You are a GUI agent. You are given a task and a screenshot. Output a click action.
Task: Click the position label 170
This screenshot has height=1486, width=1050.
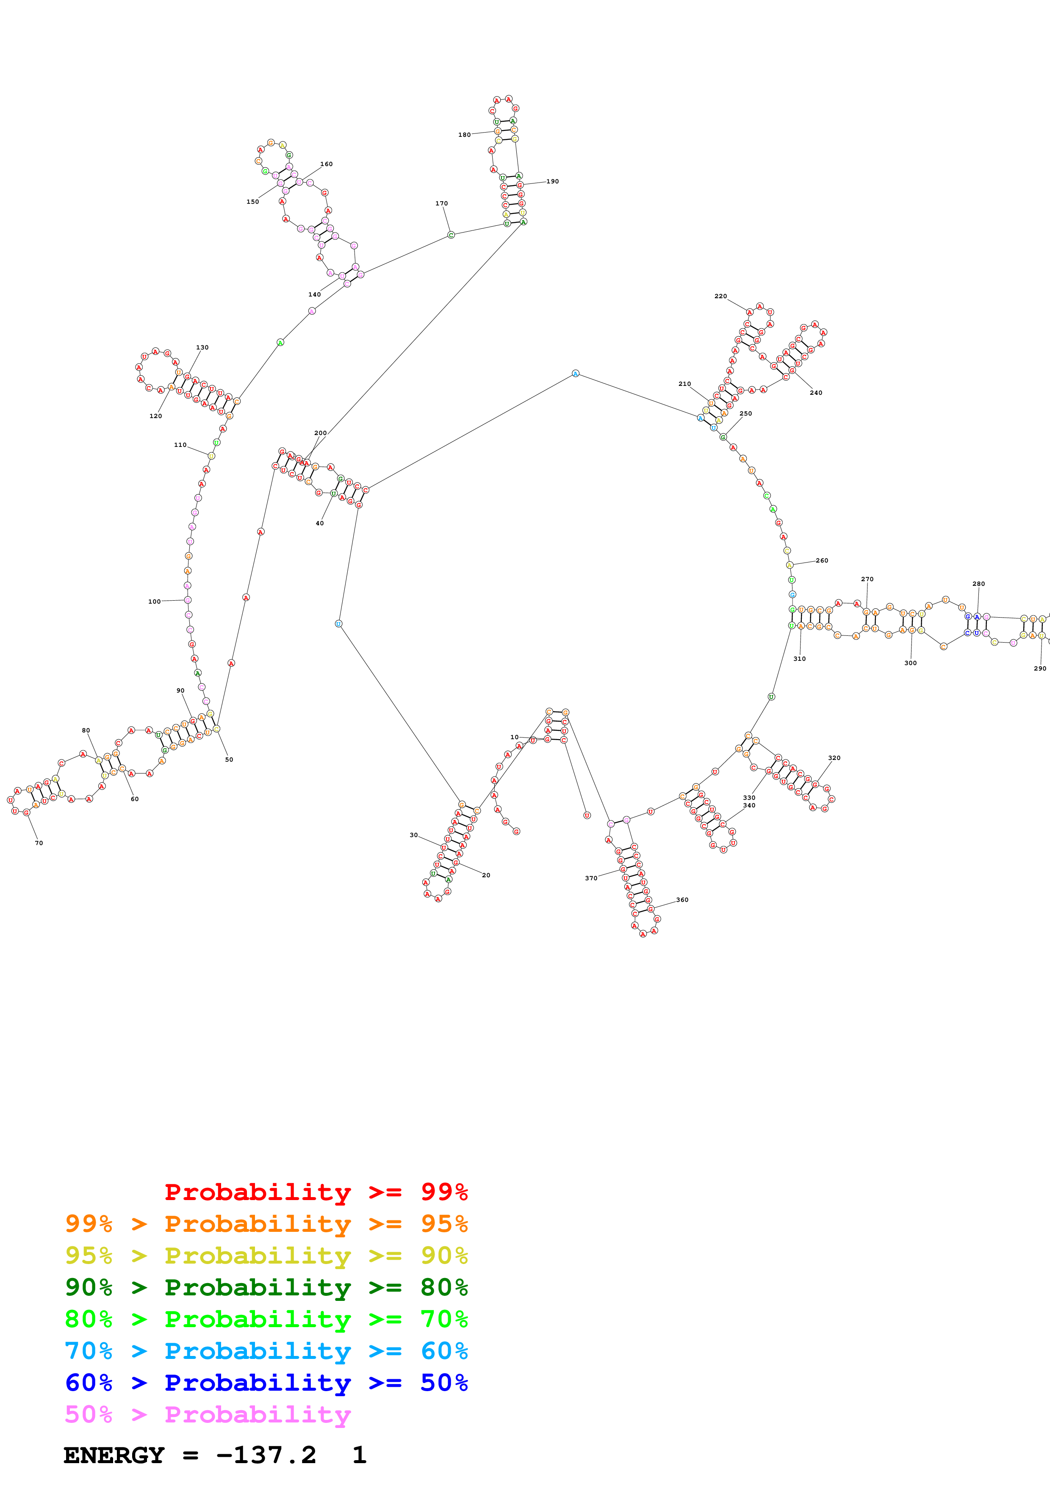tap(441, 203)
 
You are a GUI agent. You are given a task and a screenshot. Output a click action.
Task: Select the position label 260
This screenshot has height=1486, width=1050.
tap(822, 560)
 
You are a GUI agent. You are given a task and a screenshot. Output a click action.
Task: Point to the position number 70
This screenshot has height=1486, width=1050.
tap(39, 843)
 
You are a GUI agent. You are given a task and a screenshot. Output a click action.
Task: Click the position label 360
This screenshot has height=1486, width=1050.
tap(682, 900)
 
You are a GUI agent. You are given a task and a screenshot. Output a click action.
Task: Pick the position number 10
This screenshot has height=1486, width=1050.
tap(514, 737)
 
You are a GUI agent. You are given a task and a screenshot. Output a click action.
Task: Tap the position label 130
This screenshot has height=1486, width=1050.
tap(202, 347)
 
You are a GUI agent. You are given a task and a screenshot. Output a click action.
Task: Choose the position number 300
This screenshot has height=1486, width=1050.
tap(910, 663)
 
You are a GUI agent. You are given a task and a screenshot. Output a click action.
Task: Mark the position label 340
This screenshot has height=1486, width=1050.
tap(749, 805)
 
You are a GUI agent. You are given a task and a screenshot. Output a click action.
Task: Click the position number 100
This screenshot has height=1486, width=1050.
tap(154, 601)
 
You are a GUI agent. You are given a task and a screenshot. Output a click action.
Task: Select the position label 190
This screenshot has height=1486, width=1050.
tap(552, 181)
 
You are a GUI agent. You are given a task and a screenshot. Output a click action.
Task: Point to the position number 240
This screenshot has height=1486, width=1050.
tap(816, 393)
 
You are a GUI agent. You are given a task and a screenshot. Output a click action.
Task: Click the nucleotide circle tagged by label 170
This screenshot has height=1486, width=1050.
tap(451, 235)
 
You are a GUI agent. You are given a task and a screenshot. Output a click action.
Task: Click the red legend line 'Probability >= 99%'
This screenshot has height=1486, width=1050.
tap(316, 1192)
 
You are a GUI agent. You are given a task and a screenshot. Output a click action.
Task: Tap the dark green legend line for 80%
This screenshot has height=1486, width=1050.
tap(266, 1287)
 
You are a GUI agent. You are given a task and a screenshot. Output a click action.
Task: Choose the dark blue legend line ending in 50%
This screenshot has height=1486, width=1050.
tap(266, 1383)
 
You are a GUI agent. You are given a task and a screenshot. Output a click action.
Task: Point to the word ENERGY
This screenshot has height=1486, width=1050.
tap(114, 1455)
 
